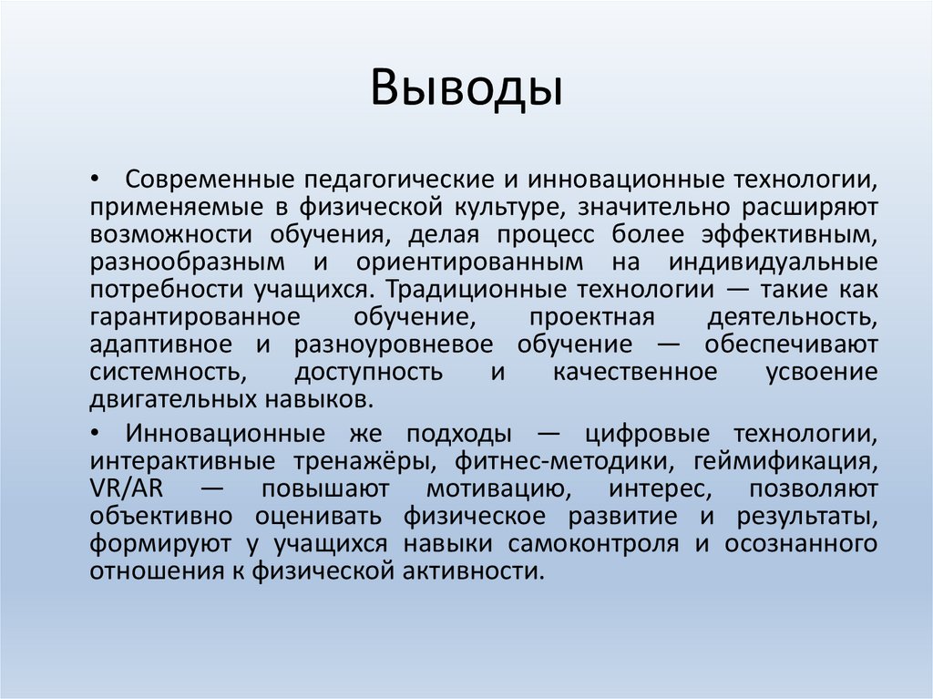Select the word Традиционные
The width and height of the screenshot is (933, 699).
coord(471,290)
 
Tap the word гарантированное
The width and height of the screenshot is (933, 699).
coord(195,318)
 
